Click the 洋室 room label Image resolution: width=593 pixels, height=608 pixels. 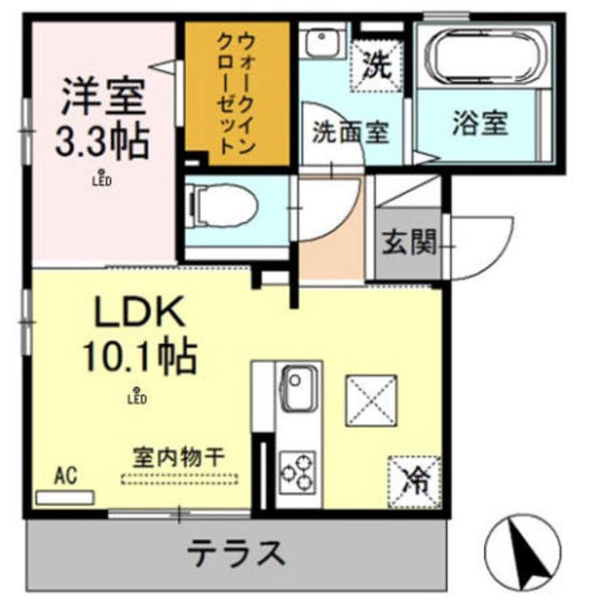tap(101, 100)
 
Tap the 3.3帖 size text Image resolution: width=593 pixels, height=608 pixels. tap(101, 141)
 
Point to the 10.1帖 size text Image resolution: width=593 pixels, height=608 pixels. tap(139, 356)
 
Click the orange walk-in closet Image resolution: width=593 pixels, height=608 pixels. tap(237, 93)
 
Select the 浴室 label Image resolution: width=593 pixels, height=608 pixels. tap(479, 124)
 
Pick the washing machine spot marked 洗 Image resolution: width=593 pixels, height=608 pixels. tap(376, 62)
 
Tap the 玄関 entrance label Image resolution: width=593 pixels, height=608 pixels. tap(409, 243)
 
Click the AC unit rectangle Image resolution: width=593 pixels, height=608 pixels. tap(65, 497)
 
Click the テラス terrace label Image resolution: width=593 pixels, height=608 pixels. tap(234, 554)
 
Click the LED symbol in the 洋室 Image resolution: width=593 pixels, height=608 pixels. tap(102, 178)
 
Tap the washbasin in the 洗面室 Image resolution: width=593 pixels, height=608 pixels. tap(323, 42)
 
